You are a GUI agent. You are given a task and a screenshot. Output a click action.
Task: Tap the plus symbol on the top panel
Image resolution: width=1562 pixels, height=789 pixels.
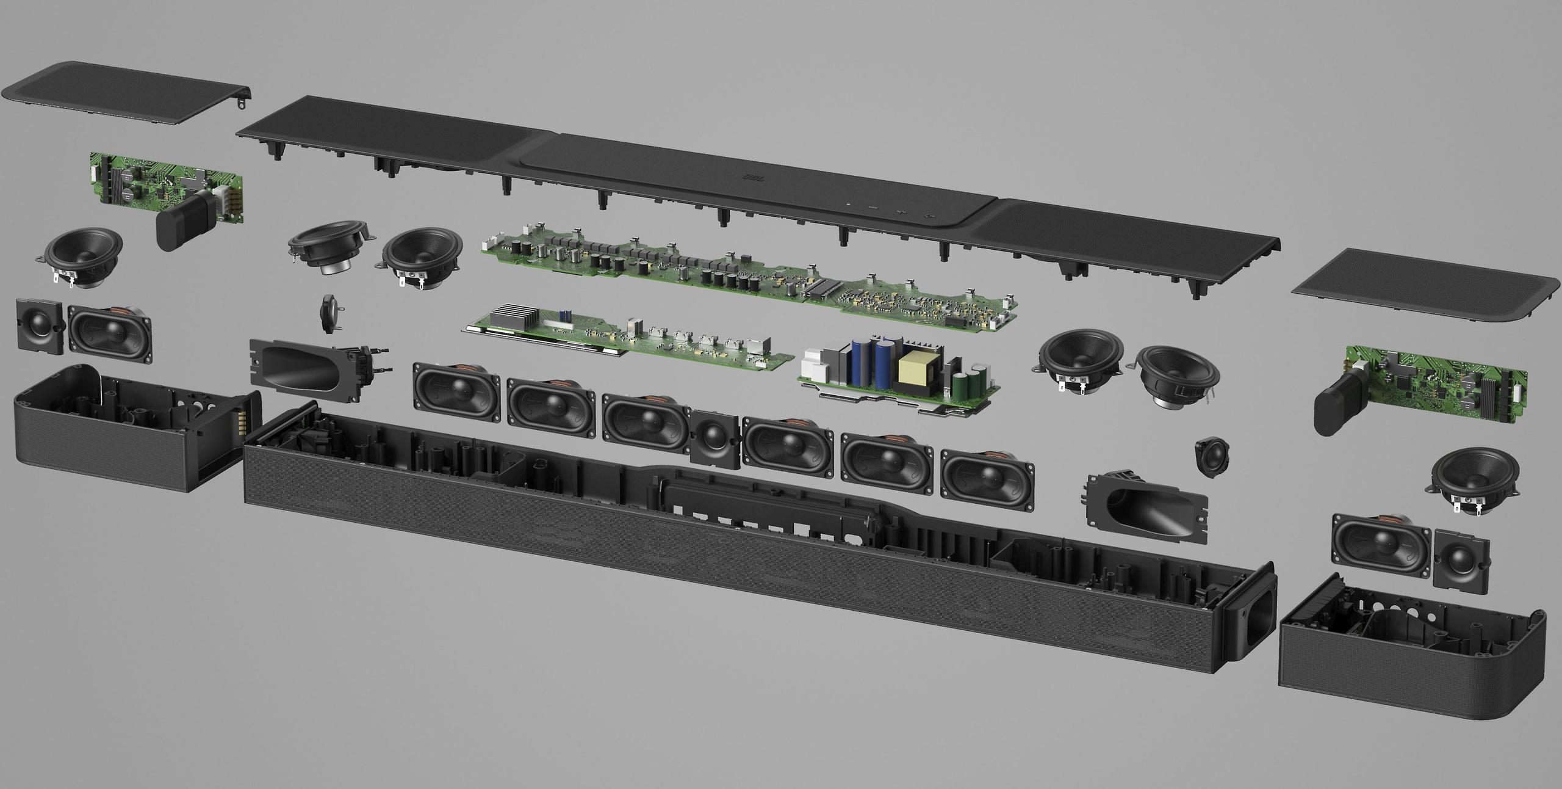point(901,212)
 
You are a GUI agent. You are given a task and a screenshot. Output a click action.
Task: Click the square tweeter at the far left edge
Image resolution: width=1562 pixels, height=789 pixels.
point(40,324)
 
